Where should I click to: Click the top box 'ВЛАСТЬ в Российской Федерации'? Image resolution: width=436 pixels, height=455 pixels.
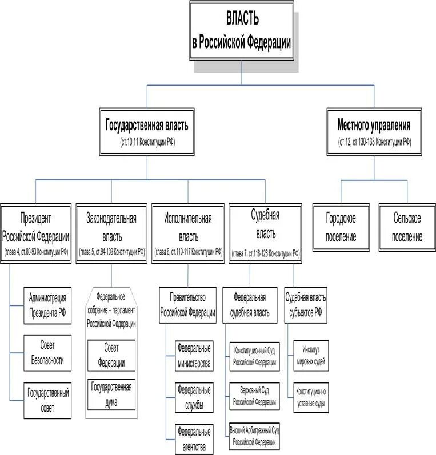coord(241,31)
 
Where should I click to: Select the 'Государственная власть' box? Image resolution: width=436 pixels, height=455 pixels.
coord(147,132)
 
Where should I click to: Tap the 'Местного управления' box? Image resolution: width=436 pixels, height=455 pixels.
coord(374,132)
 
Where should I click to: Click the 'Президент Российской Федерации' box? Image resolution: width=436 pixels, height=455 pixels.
coord(37,233)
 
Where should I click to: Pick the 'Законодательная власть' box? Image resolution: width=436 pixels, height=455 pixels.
coord(112,233)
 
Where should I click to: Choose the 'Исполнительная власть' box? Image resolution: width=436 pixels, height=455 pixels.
coord(188,233)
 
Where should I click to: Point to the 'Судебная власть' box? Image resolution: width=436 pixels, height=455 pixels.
coord(266,233)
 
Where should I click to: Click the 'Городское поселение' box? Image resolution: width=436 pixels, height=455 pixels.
coord(342,227)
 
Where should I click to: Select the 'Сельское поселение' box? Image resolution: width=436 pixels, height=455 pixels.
coord(407,227)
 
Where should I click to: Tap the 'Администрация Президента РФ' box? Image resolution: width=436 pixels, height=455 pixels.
coord(48,305)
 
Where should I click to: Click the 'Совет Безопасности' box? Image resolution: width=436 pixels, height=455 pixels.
coord(48,353)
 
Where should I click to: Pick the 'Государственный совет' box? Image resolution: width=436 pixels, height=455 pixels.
coord(48,400)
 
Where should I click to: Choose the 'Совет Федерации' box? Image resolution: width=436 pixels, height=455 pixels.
coord(111,355)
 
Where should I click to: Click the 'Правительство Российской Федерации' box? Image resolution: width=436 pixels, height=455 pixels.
coord(188,305)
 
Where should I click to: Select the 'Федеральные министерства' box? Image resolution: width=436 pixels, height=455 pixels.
coord(194,355)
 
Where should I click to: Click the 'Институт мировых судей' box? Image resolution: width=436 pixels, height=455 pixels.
coord(310,355)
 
